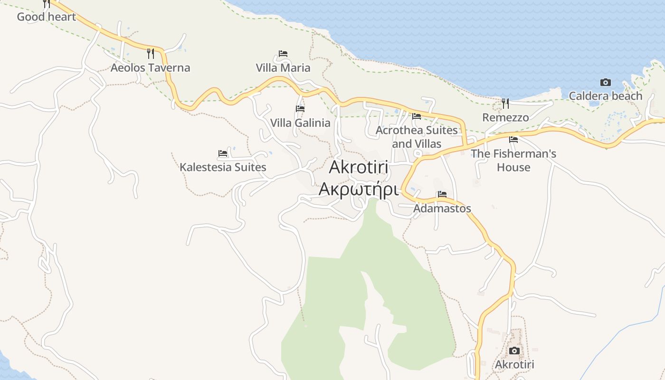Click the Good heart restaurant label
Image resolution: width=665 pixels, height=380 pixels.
pyautogui.click(x=47, y=17)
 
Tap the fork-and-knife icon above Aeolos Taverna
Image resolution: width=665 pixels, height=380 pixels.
pyautogui.click(x=151, y=53)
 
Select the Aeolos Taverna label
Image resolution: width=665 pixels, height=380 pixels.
pyautogui.click(x=150, y=67)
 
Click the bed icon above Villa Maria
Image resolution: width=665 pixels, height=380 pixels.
pyautogui.click(x=283, y=54)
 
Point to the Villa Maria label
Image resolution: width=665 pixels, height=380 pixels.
pyautogui.click(x=283, y=67)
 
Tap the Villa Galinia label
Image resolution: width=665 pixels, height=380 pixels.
pyautogui.click(x=300, y=123)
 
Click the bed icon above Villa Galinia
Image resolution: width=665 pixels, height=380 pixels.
pyautogui.click(x=300, y=109)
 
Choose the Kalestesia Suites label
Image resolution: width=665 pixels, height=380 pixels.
pyautogui.click(x=223, y=167)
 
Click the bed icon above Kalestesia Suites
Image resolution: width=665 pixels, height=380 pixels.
pyautogui.click(x=223, y=153)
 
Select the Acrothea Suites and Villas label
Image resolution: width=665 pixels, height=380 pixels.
pyautogui.click(x=417, y=137)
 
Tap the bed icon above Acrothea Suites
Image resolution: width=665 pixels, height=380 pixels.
pyautogui.click(x=417, y=116)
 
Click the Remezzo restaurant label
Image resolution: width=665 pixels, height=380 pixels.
pyautogui.click(x=505, y=117)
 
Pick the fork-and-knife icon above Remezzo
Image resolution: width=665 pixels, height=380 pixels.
pyautogui.click(x=505, y=103)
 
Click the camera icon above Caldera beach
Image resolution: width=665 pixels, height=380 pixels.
pyautogui.click(x=605, y=82)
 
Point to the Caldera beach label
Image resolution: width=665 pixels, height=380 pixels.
pyautogui.click(x=605, y=96)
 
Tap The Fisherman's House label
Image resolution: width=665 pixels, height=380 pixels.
pyautogui.click(x=513, y=161)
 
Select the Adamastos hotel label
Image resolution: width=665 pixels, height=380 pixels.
pyautogui.click(x=442, y=208)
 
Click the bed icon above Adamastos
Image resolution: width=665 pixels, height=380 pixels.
pyautogui.click(x=442, y=194)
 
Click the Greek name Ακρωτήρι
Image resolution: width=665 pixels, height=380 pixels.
pyautogui.click(x=358, y=189)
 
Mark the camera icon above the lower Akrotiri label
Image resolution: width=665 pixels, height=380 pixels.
pyautogui.click(x=514, y=351)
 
